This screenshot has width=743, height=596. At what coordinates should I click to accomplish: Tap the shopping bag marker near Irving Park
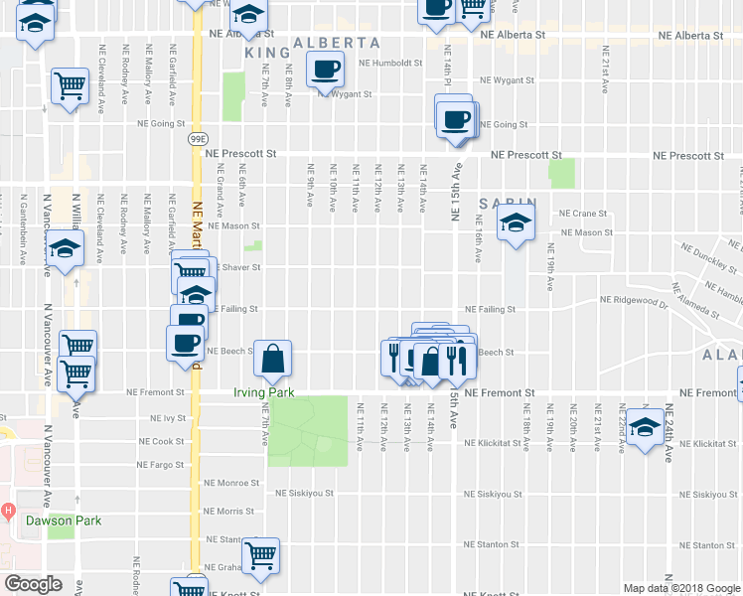click(x=272, y=361)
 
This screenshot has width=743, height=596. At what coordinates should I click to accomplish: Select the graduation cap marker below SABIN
click(x=517, y=227)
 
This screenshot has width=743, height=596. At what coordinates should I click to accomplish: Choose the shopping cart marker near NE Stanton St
click(x=260, y=556)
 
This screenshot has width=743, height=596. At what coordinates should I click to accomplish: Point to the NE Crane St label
click(x=583, y=213)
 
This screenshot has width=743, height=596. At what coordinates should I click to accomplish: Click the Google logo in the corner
click(x=33, y=584)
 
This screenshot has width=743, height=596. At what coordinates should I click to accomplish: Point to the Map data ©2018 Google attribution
click(x=680, y=588)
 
